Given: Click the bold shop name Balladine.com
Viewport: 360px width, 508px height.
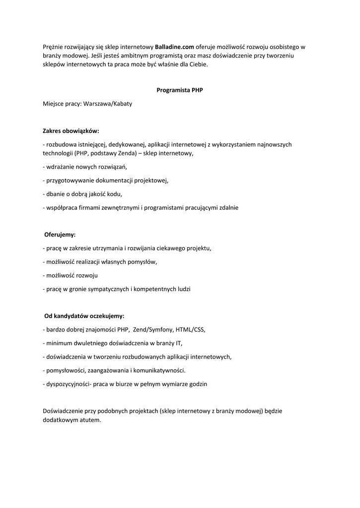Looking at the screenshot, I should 174,47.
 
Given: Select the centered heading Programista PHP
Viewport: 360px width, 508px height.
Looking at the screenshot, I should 180,90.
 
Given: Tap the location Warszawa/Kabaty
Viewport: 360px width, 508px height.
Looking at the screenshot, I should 108,104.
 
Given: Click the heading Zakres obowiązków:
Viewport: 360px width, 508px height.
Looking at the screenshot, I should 71,131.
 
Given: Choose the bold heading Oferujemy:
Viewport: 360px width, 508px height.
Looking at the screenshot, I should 60,234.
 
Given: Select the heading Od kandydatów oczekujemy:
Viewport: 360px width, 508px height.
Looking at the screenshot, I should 84,316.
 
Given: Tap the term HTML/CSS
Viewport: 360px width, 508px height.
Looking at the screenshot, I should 190,329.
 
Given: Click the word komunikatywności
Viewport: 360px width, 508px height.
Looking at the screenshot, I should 160,370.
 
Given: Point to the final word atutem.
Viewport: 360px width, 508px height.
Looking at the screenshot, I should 89,420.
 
